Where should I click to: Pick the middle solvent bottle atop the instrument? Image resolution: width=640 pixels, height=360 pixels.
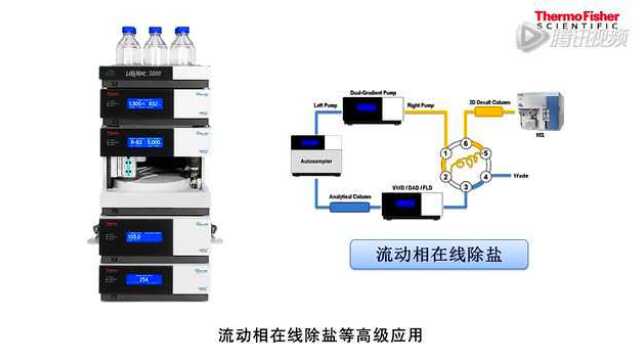155,47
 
